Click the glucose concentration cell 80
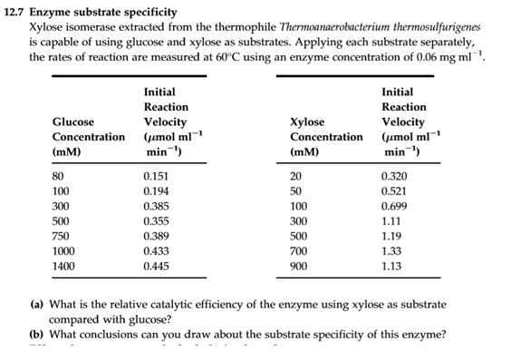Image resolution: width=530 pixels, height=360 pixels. tap(60, 177)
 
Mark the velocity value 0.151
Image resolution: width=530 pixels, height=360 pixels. tap(158, 177)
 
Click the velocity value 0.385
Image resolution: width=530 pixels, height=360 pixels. tap(158, 207)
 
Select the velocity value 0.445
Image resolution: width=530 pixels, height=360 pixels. tap(158, 267)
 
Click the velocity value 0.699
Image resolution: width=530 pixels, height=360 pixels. tap(396, 207)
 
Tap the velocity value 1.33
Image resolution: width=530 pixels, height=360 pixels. tap(392, 251)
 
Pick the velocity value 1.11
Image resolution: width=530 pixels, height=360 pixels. tap(392, 221)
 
